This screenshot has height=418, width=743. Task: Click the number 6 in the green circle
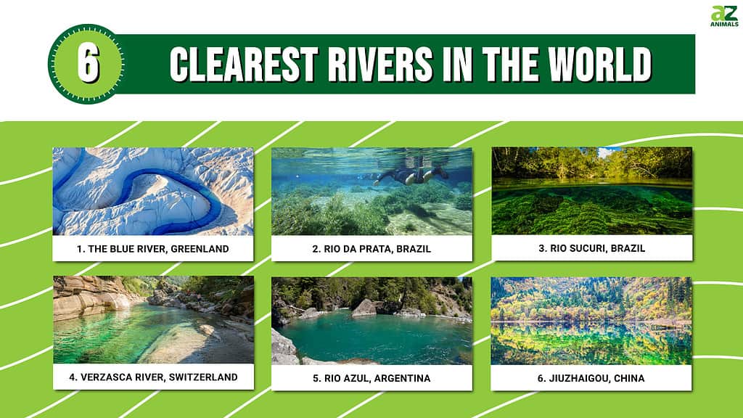coord(88,63)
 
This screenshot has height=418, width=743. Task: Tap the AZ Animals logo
coord(724,16)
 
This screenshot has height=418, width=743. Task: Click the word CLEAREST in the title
coord(234,65)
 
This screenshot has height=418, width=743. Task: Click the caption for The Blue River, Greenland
coord(152,249)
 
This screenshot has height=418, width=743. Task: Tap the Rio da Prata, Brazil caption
coord(371,249)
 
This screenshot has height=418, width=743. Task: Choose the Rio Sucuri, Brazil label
coord(592,248)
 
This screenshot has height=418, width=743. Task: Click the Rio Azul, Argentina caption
coord(371,377)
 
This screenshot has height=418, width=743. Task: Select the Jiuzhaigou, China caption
coord(592,377)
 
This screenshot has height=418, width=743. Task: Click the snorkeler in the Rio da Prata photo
coord(406,174)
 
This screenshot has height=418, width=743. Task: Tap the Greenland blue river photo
coord(152,192)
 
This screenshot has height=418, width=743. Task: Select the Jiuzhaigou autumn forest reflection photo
coord(592,320)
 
